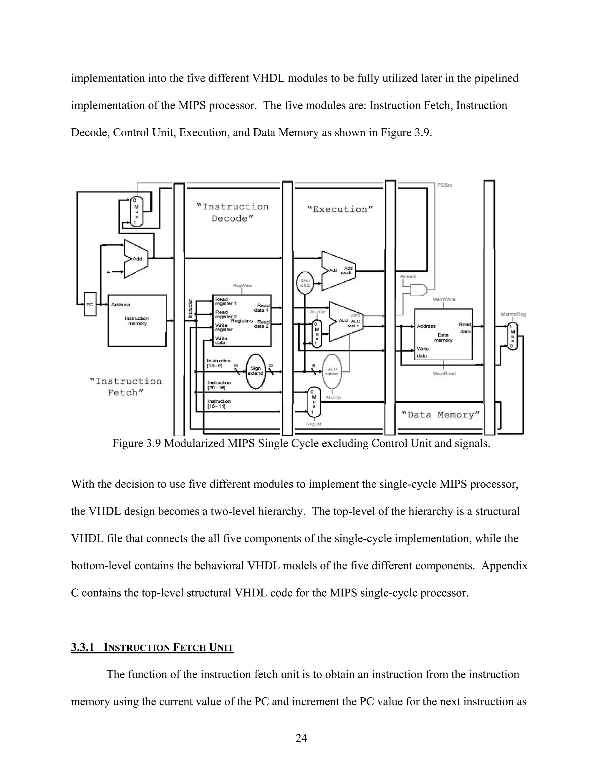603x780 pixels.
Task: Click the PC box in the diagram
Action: point(90,304)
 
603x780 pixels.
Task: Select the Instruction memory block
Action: point(137,320)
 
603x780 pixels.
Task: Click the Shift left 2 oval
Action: point(305,283)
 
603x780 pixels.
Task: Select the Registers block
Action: point(242,320)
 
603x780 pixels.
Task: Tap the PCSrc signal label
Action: point(445,185)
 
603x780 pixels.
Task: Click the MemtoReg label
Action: point(513,314)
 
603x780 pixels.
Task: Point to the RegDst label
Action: point(314,424)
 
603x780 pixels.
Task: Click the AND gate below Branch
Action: point(418,290)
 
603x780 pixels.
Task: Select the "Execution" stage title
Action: point(340,209)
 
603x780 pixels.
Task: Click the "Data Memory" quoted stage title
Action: point(440,415)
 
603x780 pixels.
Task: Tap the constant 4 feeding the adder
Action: point(108,272)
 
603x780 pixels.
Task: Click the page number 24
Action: point(301,738)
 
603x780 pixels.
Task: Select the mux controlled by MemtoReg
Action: point(513,336)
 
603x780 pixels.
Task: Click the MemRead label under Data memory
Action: point(444,374)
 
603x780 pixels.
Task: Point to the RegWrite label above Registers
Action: point(242,285)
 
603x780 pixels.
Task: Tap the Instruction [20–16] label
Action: point(219,385)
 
